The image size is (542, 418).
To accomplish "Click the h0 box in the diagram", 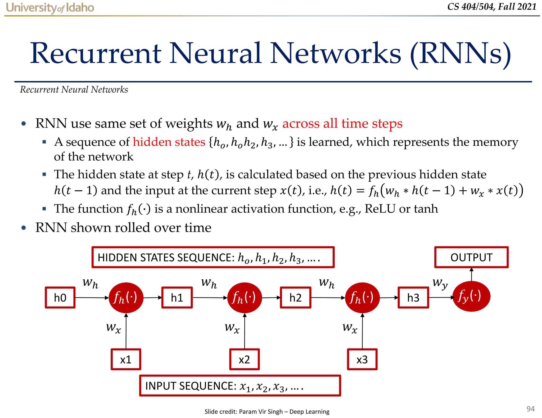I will point(60,298).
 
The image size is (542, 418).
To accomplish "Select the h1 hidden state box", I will point(177,298).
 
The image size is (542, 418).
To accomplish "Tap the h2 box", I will point(295,298).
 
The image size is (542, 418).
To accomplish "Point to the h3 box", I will point(413,298).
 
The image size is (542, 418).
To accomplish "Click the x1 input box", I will point(126,359).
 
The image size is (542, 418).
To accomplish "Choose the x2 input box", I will point(244,359).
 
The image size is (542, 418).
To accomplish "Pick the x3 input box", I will point(362,359).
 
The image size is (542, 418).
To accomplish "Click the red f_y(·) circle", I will point(471,296).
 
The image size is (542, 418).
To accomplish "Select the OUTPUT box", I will point(471,257).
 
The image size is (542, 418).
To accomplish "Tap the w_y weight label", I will point(440,283).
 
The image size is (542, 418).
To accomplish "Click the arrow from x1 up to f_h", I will point(126,332).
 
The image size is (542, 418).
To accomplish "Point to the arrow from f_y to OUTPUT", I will point(471,275).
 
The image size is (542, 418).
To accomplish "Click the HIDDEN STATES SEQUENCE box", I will point(213,257).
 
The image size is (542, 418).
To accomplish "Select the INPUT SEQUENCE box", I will point(240,386).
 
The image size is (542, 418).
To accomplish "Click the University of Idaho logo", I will point(50,8).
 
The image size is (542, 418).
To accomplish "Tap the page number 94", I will point(530,409).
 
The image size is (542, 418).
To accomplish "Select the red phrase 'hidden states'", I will point(169,142).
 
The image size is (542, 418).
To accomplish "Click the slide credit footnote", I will point(267,411).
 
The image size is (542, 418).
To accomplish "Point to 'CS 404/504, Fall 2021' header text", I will point(492,7).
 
